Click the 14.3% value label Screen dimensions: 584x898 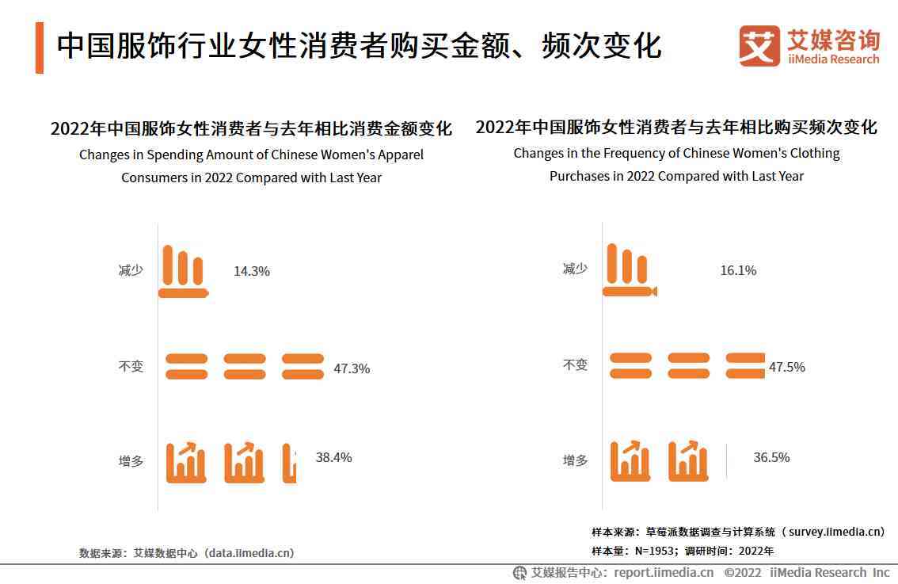[x=251, y=271]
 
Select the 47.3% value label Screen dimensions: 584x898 [x=352, y=368]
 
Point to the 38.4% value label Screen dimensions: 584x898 [x=333, y=457]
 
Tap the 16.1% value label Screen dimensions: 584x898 [x=738, y=271]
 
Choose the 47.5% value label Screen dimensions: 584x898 [x=787, y=367]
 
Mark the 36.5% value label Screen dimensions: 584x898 [x=771, y=457]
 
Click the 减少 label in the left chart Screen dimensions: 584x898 [x=131, y=270]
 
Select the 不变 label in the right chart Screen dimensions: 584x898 [x=575, y=365]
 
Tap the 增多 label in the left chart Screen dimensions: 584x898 [x=131, y=460]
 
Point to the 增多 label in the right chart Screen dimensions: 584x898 [x=576, y=460]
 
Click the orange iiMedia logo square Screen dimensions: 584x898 [x=759, y=46]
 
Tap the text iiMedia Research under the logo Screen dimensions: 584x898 [x=833, y=59]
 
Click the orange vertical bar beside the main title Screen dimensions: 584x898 [x=40, y=48]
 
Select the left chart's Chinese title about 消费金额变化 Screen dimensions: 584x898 [x=251, y=128]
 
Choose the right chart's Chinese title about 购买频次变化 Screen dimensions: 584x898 [x=676, y=128]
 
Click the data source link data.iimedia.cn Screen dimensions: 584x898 [x=249, y=553]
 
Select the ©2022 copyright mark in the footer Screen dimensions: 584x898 [x=743, y=572]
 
